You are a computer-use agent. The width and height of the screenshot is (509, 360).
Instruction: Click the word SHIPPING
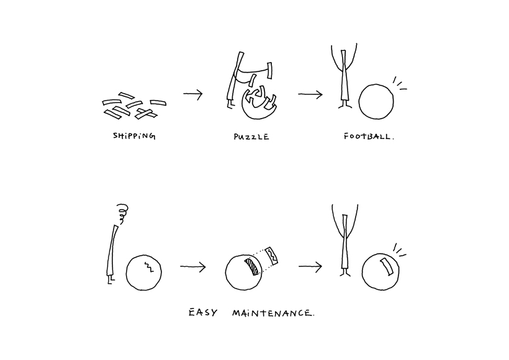click(134, 136)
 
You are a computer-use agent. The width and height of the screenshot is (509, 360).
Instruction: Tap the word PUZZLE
click(251, 137)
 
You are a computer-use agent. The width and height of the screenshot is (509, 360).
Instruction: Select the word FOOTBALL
click(369, 137)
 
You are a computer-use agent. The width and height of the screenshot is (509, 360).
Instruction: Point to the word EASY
click(203, 313)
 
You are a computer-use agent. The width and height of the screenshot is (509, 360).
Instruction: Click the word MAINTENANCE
click(273, 313)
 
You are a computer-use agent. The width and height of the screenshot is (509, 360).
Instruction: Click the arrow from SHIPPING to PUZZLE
click(193, 94)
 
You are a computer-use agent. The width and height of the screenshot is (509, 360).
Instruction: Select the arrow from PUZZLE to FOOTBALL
click(310, 94)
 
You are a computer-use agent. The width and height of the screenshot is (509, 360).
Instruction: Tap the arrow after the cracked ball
click(193, 267)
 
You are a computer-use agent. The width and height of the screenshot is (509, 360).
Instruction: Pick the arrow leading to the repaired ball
click(310, 267)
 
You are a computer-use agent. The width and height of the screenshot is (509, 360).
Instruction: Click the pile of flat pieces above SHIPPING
click(134, 106)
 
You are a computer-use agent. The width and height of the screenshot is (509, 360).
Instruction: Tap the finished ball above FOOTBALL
click(376, 102)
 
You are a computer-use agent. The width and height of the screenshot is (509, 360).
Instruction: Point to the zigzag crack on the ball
click(149, 266)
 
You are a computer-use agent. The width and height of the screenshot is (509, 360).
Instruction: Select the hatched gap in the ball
click(252, 267)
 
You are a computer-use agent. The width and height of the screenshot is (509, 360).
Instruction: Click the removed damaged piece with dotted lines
click(271, 256)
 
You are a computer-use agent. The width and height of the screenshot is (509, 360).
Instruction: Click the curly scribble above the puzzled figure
click(122, 214)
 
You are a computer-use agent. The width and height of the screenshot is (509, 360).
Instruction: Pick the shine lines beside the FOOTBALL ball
click(399, 83)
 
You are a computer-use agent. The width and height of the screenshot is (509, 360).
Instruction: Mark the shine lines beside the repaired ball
click(399, 250)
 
